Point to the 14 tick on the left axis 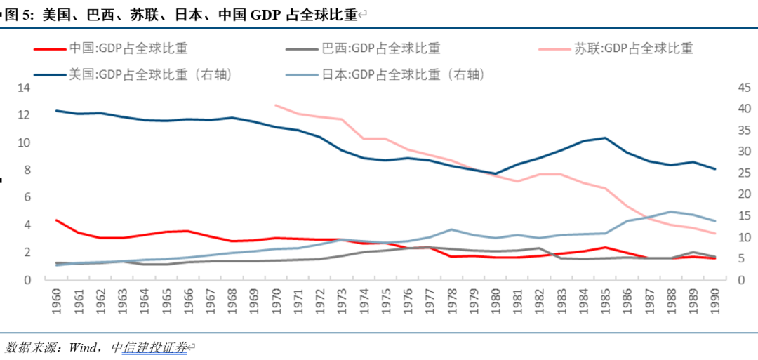(x=25, y=88)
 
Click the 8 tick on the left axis (x=27, y=170)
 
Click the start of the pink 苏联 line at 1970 (x=277, y=105)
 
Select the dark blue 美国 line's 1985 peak (x=606, y=138)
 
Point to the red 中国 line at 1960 (x=57, y=220)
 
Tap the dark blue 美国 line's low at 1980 (x=496, y=173)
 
